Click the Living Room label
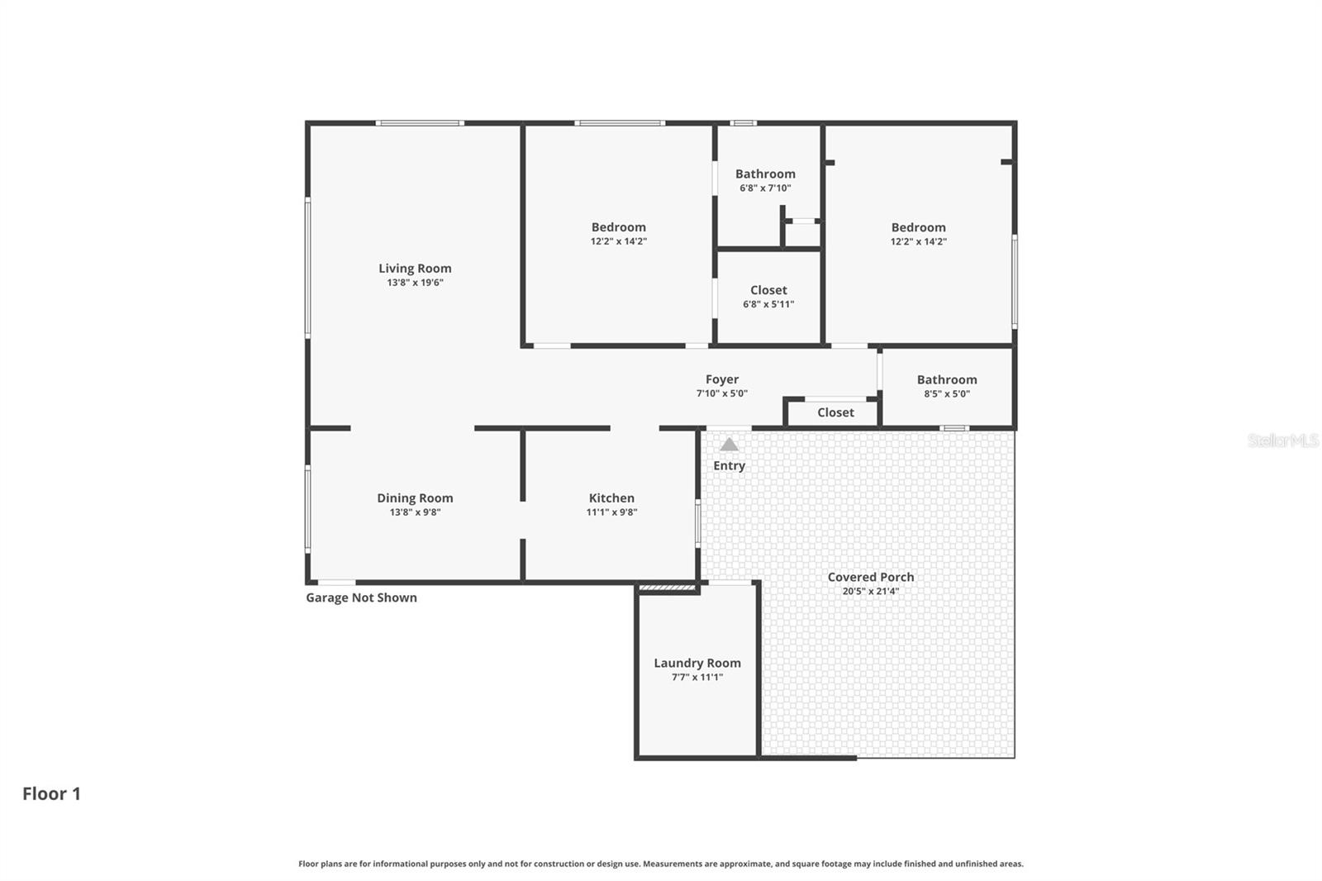[x=415, y=268]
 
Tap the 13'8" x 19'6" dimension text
[x=415, y=283]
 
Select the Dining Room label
[x=415, y=498]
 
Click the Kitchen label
[x=611, y=498]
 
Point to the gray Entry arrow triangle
[x=729, y=445]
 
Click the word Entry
[x=729, y=465]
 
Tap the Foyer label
[x=721, y=379]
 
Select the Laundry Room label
[x=697, y=663]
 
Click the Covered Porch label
[x=870, y=577]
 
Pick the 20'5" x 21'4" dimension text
[x=870, y=591]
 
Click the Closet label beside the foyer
[x=835, y=412]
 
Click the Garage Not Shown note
[x=361, y=598]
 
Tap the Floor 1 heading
[x=51, y=793]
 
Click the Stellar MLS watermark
[x=1282, y=440]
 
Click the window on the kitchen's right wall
[x=698, y=524]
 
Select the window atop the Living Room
[x=420, y=123]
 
